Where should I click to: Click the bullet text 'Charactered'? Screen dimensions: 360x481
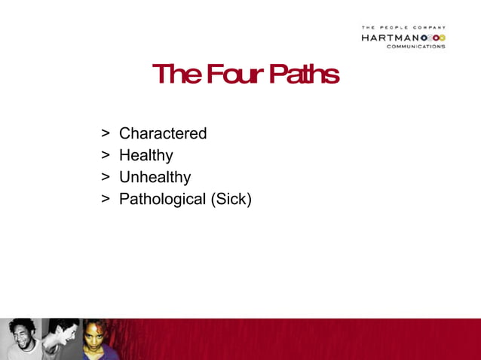pyautogui.click(x=163, y=133)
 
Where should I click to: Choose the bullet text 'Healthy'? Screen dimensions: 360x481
pyautogui.click(x=146, y=155)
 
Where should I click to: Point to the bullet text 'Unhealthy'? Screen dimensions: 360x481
pyautogui.click(x=155, y=177)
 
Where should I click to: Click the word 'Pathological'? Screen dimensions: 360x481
pyautogui.click(x=162, y=200)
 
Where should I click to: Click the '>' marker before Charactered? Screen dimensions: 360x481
pyautogui.click(x=106, y=133)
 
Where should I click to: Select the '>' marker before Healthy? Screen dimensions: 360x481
pyautogui.click(x=106, y=155)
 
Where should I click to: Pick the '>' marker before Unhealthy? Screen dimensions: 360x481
pyautogui.click(x=106, y=177)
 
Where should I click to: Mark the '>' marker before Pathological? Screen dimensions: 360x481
pyautogui.click(x=106, y=200)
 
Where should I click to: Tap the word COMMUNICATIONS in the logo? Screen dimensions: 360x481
pyautogui.click(x=415, y=46)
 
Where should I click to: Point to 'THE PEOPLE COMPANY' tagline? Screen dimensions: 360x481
pyautogui.click(x=403, y=28)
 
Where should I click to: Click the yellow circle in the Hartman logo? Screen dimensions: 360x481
pyautogui.click(x=442, y=37)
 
